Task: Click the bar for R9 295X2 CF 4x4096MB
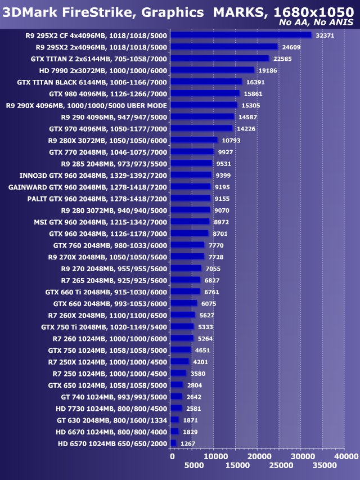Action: [241, 35]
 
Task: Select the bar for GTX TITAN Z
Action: [219, 58]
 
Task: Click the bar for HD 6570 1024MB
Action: [173, 443]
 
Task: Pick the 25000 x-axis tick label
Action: [279, 466]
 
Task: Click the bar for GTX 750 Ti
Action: [182, 326]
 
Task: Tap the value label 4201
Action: [201, 361]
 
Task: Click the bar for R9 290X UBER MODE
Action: [204, 105]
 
